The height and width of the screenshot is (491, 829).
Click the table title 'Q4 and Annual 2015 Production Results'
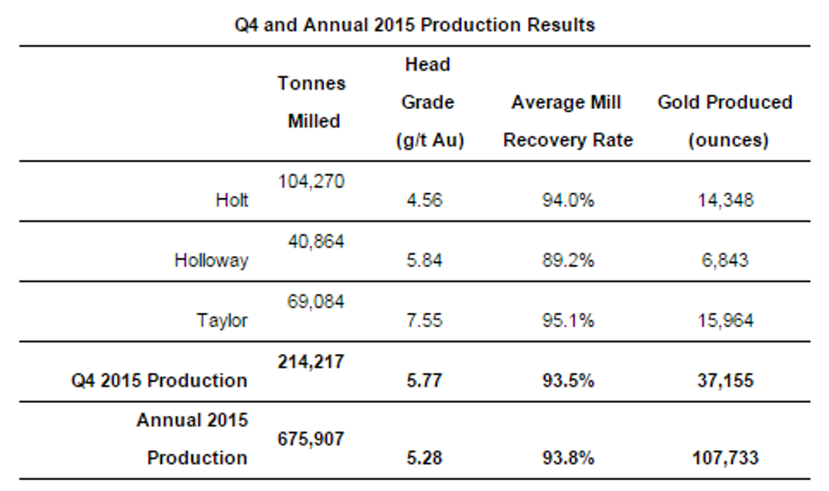414,25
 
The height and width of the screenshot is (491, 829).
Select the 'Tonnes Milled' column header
312,102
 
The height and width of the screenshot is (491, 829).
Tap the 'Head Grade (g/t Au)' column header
428,102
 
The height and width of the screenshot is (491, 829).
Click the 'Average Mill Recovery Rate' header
568,121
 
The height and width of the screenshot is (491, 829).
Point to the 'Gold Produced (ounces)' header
725,121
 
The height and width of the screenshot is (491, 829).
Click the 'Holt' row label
232,201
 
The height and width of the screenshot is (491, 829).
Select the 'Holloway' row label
211,260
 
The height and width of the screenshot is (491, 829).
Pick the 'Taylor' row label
222,320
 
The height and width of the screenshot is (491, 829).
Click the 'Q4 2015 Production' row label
161,380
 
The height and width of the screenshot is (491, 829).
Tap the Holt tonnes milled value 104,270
311,181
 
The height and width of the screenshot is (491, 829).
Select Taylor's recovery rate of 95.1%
568,320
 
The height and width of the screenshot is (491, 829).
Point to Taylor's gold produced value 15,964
725,320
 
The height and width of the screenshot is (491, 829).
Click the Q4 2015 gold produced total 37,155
725,380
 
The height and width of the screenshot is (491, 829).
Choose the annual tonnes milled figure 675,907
311,439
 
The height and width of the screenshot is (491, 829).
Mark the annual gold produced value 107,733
725,458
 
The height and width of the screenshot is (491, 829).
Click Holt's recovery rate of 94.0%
568,201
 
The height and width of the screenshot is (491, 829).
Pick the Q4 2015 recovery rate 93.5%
568,380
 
